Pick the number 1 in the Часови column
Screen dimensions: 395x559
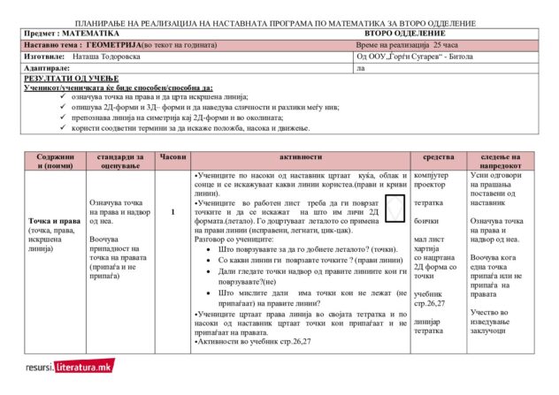click(x=172, y=212)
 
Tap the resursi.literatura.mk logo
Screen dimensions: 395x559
click(x=69, y=366)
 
